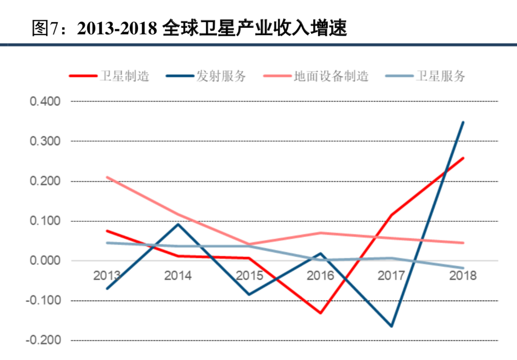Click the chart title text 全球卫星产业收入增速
click(x=255, y=29)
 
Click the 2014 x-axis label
click(x=178, y=276)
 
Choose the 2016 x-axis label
click(x=320, y=276)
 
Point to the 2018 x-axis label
click(x=463, y=276)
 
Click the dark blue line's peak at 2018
click(x=463, y=122)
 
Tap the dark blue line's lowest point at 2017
click(x=391, y=326)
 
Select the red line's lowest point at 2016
click(x=320, y=313)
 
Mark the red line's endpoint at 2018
click(x=463, y=158)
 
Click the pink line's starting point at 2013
click(x=107, y=177)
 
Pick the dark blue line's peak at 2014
click(x=178, y=224)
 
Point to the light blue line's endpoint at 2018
click(x=463, y=268)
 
